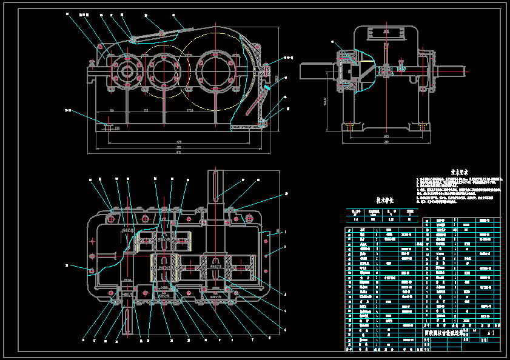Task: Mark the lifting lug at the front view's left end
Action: coord(92,62)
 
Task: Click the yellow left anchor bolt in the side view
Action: coord(350,127)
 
